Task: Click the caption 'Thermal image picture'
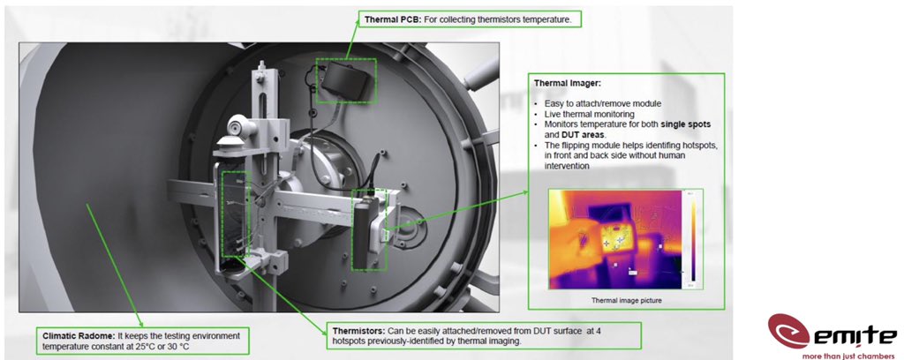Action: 628,301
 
